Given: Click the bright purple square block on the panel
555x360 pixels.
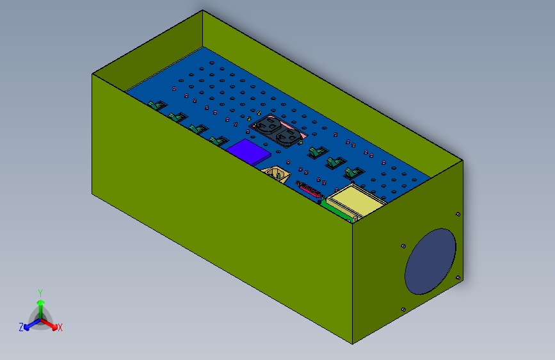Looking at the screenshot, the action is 248,152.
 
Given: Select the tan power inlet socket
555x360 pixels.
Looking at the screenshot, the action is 276,174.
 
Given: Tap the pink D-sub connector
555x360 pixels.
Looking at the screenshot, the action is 309,190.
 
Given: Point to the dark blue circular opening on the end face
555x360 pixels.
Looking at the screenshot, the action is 430,261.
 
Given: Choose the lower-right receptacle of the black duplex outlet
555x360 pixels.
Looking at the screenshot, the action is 288,138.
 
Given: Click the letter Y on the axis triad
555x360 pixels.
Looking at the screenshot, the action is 40,293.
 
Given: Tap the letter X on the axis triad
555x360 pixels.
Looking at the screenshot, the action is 60,327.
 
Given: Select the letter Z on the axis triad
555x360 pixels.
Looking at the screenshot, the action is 21,327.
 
